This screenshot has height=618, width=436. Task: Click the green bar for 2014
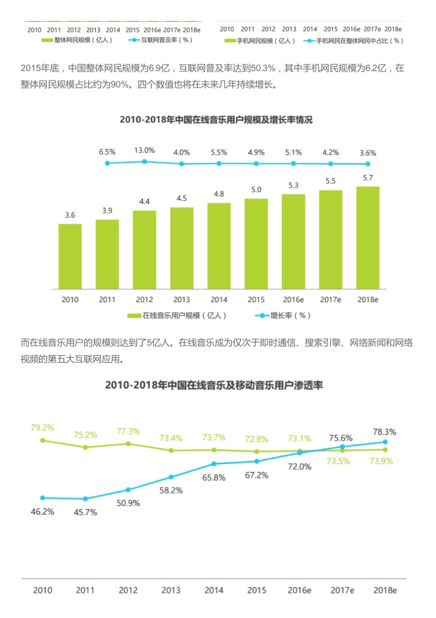[219, 246]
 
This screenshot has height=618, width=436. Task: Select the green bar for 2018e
[368, 238]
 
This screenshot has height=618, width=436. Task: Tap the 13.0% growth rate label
[144, 150]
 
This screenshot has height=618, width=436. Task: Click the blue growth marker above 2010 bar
[107, 163]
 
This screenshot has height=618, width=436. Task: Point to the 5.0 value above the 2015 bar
[256, 189]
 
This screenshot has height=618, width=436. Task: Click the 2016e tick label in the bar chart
[293, 300]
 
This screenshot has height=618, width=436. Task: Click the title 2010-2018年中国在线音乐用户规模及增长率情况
[216, 120]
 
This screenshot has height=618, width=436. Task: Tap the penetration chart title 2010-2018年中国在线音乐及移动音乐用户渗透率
[214, 385]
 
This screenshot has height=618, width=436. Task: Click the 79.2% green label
[42, 427]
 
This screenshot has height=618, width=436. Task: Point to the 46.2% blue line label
[42, 511]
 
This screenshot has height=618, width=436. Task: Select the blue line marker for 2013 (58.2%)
[171, 477]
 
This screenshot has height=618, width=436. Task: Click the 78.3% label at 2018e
[384, 432]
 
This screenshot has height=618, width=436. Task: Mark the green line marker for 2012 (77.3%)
[128, 444]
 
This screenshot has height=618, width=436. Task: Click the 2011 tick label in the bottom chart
[85, 590]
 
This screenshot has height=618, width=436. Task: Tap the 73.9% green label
[381, 461]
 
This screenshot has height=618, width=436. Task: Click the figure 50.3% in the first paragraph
[263, 68]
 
